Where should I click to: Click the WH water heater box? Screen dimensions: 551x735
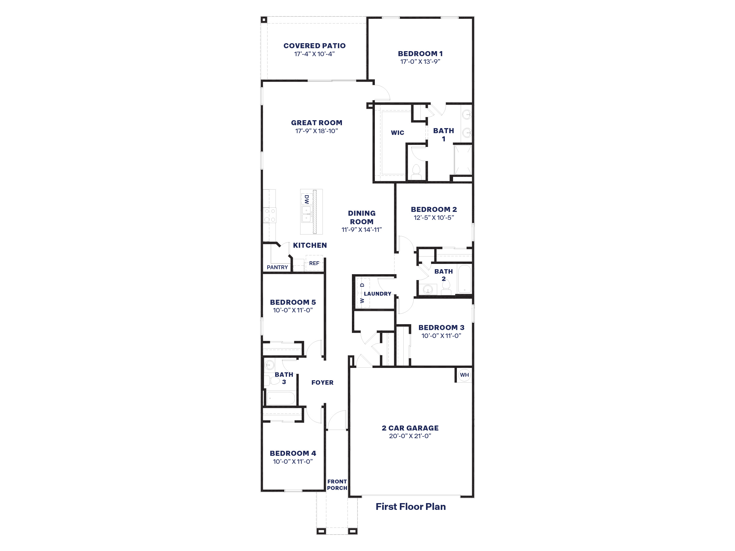[464, 375]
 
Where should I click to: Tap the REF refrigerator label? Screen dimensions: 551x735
[314, 263]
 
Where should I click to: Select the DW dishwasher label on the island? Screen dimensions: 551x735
[306, 199]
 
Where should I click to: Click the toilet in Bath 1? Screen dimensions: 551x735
[416, 172]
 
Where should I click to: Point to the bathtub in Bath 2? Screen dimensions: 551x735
[465, 279]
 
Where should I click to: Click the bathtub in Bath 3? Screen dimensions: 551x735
[281, 398]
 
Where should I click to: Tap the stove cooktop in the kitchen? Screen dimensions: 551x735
[270, 215]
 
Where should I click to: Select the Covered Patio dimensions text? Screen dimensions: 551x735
[314, 54]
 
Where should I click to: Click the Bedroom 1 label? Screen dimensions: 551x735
[420, 53]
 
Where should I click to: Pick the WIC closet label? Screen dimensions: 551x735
[397, 133]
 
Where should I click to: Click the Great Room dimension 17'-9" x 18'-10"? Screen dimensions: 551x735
[316, 131]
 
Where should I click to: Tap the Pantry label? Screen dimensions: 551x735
[277, 267]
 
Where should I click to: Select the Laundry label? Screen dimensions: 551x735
[377, 294]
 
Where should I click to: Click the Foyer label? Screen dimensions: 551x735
[322, 382]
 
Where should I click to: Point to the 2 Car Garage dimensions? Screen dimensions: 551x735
[410, 436]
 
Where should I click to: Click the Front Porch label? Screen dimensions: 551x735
[337, 485]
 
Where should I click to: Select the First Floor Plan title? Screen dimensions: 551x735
[411, 507]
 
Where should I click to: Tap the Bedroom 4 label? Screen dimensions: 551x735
[293, 453]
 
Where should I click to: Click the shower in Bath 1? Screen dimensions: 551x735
[463, 159]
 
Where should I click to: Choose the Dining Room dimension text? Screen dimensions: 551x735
[362, 230]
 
